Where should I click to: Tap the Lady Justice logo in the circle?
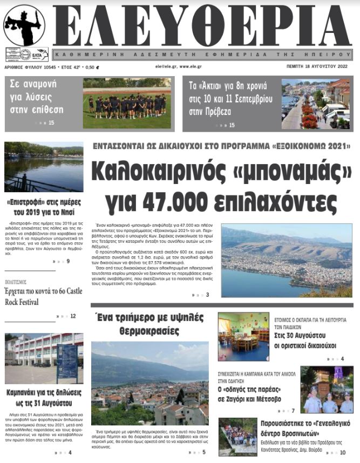pyautogui.click(x=24, y=25)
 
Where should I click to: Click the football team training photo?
pyautogui.click(x=127, y=103)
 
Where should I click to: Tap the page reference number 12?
pyautogui.click(x=73, y=316)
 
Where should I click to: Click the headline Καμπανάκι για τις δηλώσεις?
pyautogui.click(x=44, y=398)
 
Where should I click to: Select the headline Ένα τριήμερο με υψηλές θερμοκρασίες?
pyautogui.click(x=150, y=324)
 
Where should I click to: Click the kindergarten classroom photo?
pyautogui.click(x=243, y=337)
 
